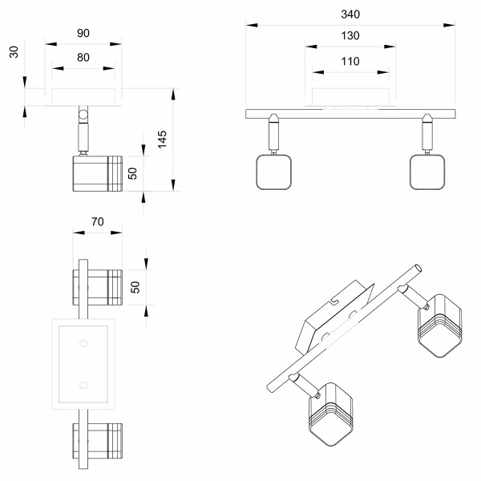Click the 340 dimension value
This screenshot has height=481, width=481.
pos(350,14)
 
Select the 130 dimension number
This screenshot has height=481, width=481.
pos(350,36)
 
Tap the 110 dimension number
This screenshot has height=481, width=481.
pos(350,61)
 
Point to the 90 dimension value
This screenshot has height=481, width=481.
pos(83,34)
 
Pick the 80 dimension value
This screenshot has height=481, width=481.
pos(83,58)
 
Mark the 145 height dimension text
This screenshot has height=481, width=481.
pos(163,140)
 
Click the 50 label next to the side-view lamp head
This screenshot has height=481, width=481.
pos(134,171)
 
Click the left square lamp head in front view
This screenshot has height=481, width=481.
pos(272,172)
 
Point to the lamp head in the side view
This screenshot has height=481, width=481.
pos(97,172)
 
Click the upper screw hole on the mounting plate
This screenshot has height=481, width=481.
pos(83,344)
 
